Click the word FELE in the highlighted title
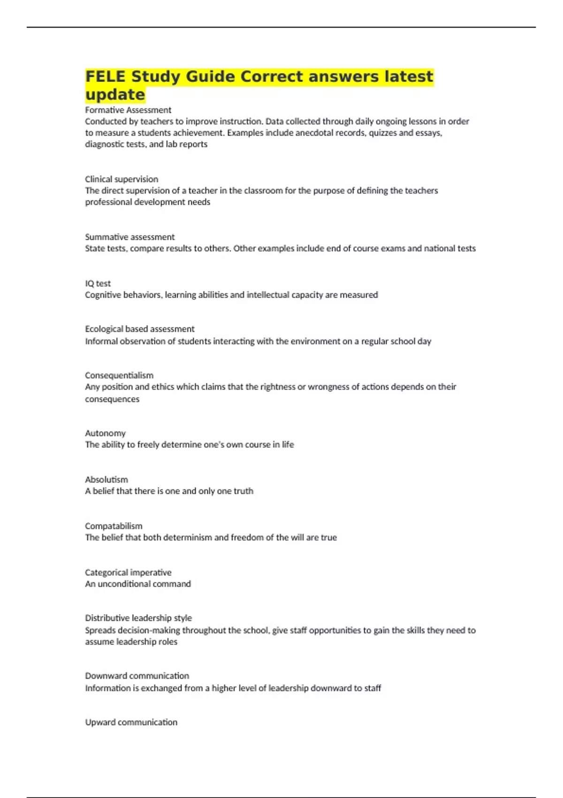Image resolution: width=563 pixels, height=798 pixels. [x=106, y=76]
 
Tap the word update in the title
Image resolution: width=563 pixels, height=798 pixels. [x=115, y=94]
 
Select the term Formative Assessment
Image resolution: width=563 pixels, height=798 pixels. [x=128, y=110]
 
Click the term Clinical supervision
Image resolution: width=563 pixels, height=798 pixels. [x=122, y=179]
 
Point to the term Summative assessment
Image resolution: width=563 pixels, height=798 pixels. [x=129, y=237]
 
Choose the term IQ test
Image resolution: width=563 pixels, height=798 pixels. [x=98, y=284]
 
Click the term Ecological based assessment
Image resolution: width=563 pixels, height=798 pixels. [x=139, y=329]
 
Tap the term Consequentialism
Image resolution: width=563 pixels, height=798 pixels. [x=119, y=376]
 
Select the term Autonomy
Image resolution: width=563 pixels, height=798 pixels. [x=105, y=433]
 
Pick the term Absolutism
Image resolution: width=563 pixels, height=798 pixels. [x=106, y=480]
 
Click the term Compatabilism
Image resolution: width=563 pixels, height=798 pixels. [x=114, y=526]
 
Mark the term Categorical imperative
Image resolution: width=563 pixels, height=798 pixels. [x=128, y=573]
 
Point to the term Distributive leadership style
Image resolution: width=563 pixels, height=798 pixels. [x=138, y=618]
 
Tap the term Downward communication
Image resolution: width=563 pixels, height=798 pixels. [x=137, y=676]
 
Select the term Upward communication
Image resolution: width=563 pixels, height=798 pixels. [x=131, y=722]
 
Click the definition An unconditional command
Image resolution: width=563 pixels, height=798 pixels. [x=138, y=584]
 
